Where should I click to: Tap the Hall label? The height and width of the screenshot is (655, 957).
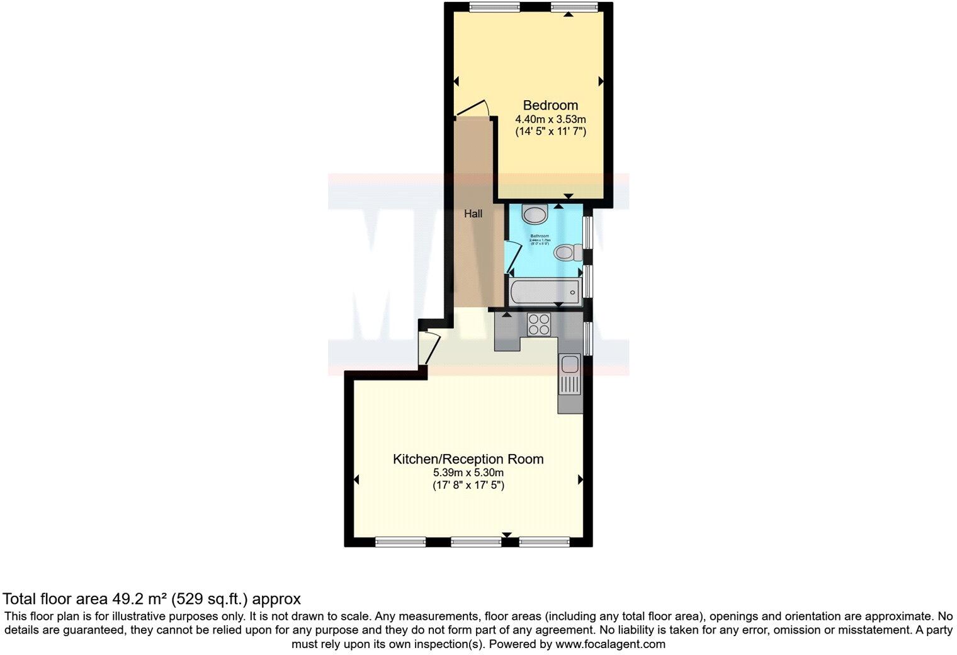coord(473,214)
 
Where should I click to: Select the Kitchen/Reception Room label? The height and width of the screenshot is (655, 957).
coord(468,459)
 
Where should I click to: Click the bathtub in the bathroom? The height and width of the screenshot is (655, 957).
coord(545,292)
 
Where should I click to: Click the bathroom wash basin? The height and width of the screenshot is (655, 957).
coord(535,215)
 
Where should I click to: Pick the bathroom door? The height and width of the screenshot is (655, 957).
coord(513,258)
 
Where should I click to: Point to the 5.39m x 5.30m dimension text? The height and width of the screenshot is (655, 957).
coord(468,473)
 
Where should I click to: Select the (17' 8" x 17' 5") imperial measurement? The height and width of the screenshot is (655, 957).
coord(468,486)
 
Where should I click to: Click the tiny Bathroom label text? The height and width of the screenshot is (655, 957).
coord(540,236)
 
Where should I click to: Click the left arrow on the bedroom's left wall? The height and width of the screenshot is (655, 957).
coord(456,81)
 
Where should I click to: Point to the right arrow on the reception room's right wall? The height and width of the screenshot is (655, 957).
coord(580,480)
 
